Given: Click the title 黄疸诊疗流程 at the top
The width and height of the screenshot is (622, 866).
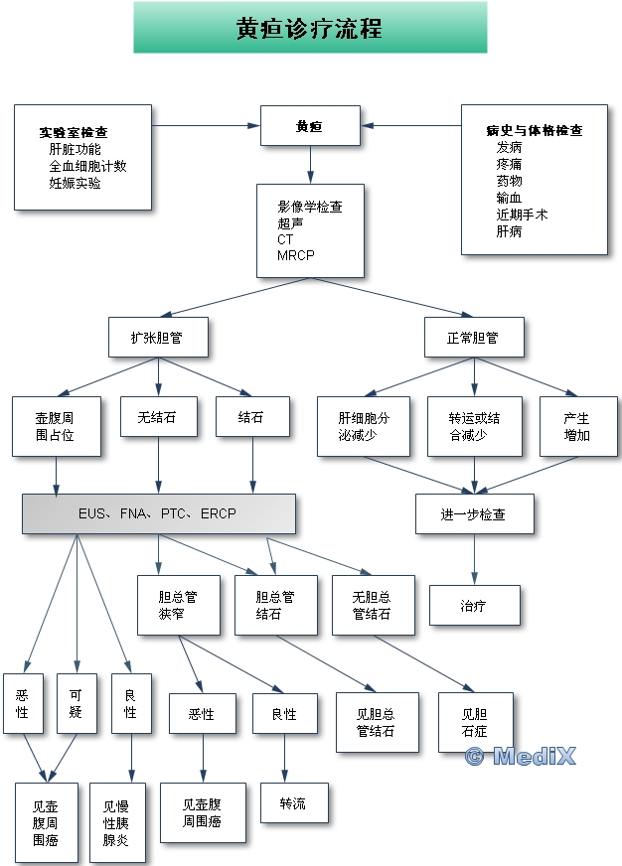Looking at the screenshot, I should click(x=310, y=28).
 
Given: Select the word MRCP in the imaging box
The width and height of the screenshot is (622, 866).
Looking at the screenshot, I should click(x=296, y=256).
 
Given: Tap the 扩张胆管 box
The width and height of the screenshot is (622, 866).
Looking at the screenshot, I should click(x=159, y=338).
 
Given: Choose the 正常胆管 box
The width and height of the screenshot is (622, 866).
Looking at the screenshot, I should click(x=473, y=338).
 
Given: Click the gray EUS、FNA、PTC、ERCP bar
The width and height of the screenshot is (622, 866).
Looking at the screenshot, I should click(x=158, y=513).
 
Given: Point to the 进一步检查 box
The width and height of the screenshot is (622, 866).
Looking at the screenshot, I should click(x=474, y=513).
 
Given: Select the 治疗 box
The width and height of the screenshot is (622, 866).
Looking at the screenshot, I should click(x=474, y=605).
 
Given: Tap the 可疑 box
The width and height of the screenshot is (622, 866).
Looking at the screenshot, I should click(x=77, y=704).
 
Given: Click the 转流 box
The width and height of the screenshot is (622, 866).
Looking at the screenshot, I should click(x=293, y=803).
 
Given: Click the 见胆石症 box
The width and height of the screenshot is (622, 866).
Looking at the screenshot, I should click(x=476, y=722).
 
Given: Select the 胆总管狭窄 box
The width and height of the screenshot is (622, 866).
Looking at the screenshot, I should click(x=178, y=605).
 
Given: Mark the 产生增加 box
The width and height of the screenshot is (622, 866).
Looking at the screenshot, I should click(x=576, y=426).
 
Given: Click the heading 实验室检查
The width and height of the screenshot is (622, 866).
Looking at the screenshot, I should click(x=74, y=132).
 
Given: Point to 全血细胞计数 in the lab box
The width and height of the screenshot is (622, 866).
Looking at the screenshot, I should click(x=87, y=166).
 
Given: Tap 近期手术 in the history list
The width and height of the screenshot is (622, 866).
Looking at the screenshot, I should click(x=522, y=215).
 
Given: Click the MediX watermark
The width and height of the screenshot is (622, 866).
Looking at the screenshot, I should click(x=520, y=757).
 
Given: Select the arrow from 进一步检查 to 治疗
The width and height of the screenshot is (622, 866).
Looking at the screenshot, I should click(x=474, y=559).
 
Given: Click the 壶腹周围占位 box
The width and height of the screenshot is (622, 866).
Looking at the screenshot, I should click(x=56, y=426).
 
